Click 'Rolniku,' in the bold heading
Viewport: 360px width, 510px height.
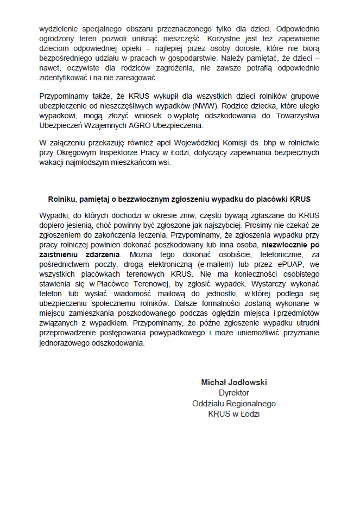coord(63,199)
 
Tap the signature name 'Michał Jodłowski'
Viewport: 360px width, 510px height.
coord(234,382)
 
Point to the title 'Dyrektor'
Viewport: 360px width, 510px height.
coord(234,393)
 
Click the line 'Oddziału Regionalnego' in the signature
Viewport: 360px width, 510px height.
coord(234,403)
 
